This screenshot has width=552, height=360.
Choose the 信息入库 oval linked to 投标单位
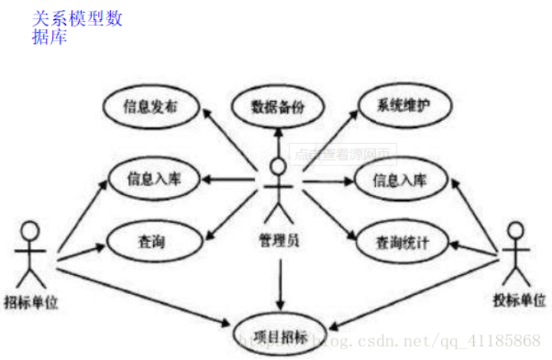(x=400, y=181)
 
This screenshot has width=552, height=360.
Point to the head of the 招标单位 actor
(x=29, y=230)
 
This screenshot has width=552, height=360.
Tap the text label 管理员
(x=279, y=241)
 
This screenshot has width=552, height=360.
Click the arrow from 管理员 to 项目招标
(x=280, y=283)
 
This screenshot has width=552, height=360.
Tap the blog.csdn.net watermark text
(x=413, y=339)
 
